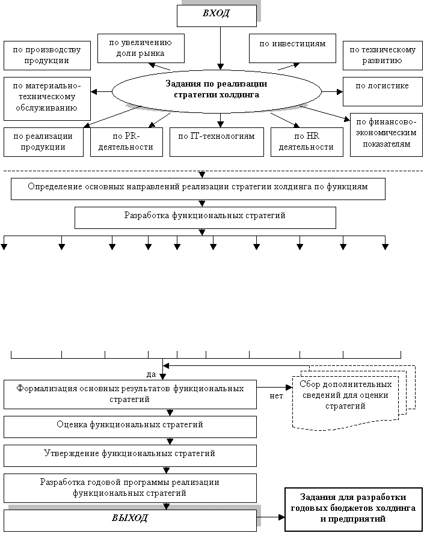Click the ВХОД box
tap(217, 16)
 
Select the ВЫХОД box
tap(130, 519)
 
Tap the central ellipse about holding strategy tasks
tap(216, 90)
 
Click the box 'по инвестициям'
tap(292, 48)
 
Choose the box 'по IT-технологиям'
tap(217, 142)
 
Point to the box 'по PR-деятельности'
tap(127, 142)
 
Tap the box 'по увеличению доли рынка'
tap(141, 47)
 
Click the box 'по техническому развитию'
tap(380, 56)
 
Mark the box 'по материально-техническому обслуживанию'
tap(47, 98)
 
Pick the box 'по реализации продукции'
tap(43, 142)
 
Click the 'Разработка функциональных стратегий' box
tap(204, 218)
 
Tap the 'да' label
tap(152, 374)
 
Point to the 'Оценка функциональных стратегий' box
tap(130, 426)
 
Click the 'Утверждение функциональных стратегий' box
tap(130, 455)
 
